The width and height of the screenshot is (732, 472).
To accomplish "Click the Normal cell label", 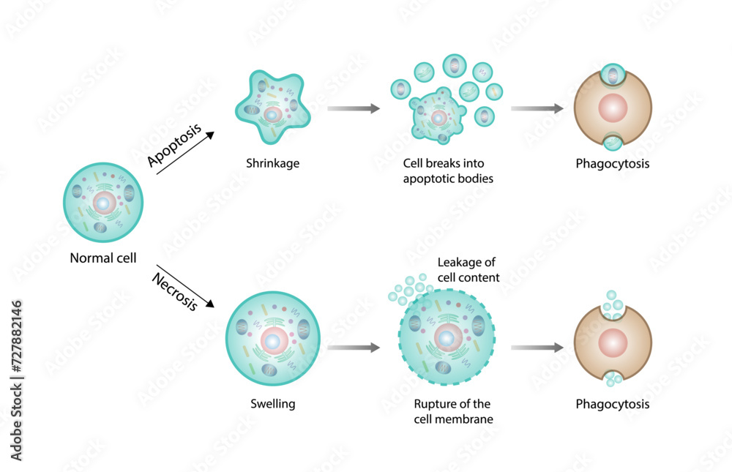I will click(x=103, y=258).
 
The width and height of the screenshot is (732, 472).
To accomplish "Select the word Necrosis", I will click(x=174, y=291).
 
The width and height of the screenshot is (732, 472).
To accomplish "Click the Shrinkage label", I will click(x=272, y=162).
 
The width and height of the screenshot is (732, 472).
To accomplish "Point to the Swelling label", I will click(x=272, y=403).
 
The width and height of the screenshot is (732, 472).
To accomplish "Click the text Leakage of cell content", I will click(x=468, y=270).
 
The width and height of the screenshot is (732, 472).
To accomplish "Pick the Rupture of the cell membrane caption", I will click(x=452, y=411).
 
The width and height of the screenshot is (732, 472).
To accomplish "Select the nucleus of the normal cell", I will click(x=104, y=204).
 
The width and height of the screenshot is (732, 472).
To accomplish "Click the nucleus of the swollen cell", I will click(x=272, y=341).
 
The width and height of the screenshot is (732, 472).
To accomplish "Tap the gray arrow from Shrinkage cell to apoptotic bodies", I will click(x=354, y=109).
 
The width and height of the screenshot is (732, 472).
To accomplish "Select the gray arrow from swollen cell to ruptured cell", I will click(x=354, y=348).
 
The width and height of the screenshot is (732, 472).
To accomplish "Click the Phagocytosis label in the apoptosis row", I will click(x=613, y=163).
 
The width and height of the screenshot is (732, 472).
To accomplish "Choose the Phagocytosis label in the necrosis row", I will click(x=613, y=403).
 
